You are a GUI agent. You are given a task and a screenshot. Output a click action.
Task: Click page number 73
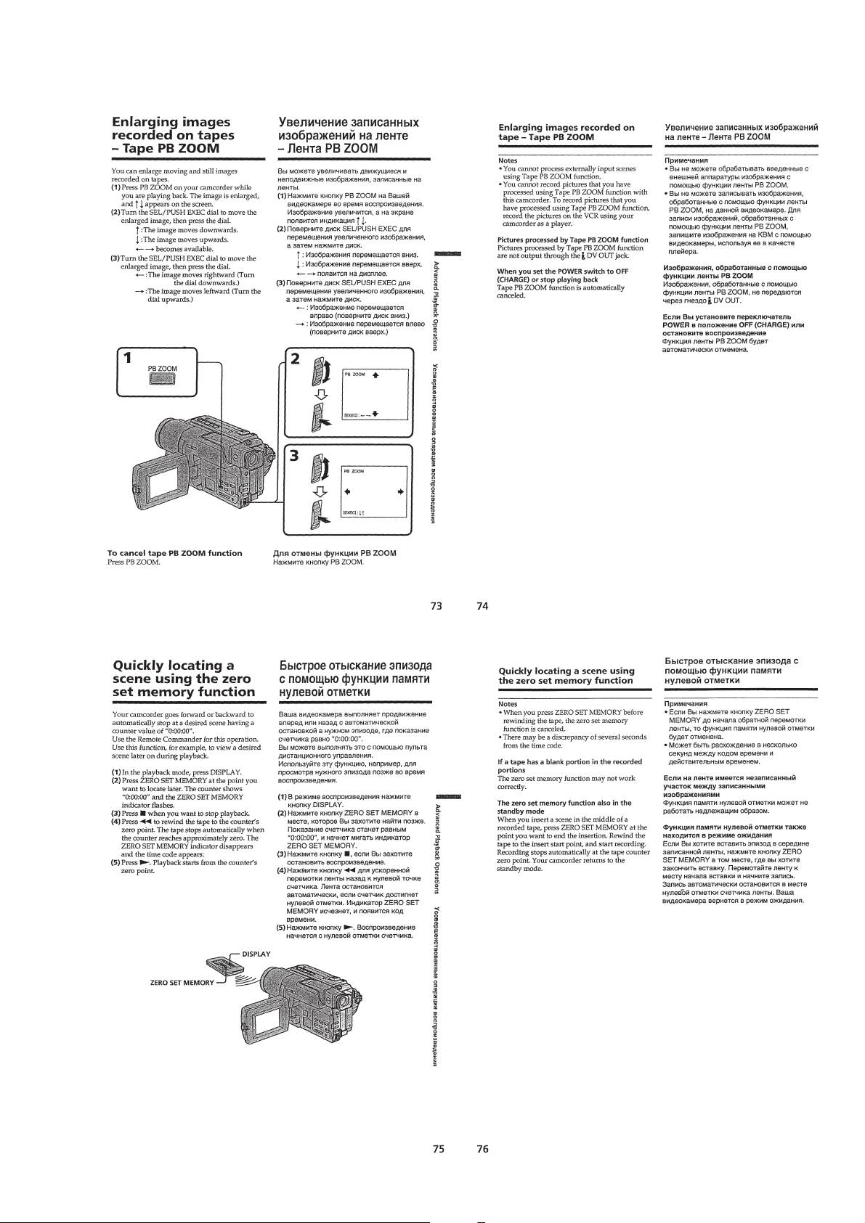point(436,608)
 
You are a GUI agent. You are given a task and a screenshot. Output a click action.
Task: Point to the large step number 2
point(295,359)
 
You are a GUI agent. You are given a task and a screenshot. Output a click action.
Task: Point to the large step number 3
point(295,457)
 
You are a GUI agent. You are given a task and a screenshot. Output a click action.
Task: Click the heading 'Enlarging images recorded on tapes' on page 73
point(171,135)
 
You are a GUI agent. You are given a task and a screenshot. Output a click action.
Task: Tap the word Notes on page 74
point(507,160)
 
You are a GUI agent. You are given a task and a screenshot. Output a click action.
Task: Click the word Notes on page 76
point(507,703)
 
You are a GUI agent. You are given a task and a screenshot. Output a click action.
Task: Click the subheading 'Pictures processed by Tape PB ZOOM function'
point(572,240)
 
